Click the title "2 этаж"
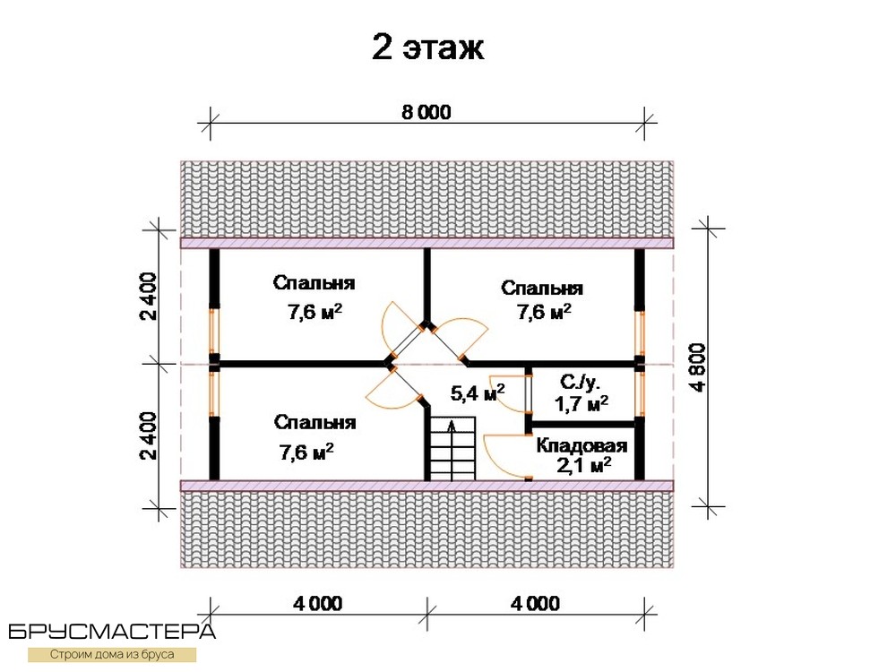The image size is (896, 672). click(427, 47)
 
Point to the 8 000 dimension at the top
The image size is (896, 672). click(426, 112)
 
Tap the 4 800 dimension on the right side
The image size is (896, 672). click(698, 366)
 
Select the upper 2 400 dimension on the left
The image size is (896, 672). click(149, 296)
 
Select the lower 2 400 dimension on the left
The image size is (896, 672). click(149, 435)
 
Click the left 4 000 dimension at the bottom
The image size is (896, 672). click(318, 603)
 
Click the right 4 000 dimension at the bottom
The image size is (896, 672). click(536, 603)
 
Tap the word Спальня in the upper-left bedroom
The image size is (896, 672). click(314, 283)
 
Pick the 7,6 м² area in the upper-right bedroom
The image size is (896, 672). click(544, 312)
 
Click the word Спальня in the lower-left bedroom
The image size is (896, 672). click(314, 422)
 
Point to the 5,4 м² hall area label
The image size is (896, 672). click(478, 392)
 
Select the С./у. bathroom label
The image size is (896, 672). click(580, 382)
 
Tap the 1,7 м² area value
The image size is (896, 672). click(582, 404)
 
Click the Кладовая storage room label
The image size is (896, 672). click(582, 445)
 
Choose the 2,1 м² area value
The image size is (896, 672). click(584, 465)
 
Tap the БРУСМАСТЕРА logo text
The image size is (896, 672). click(112, 632)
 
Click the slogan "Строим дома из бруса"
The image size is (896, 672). click(112, 654)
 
